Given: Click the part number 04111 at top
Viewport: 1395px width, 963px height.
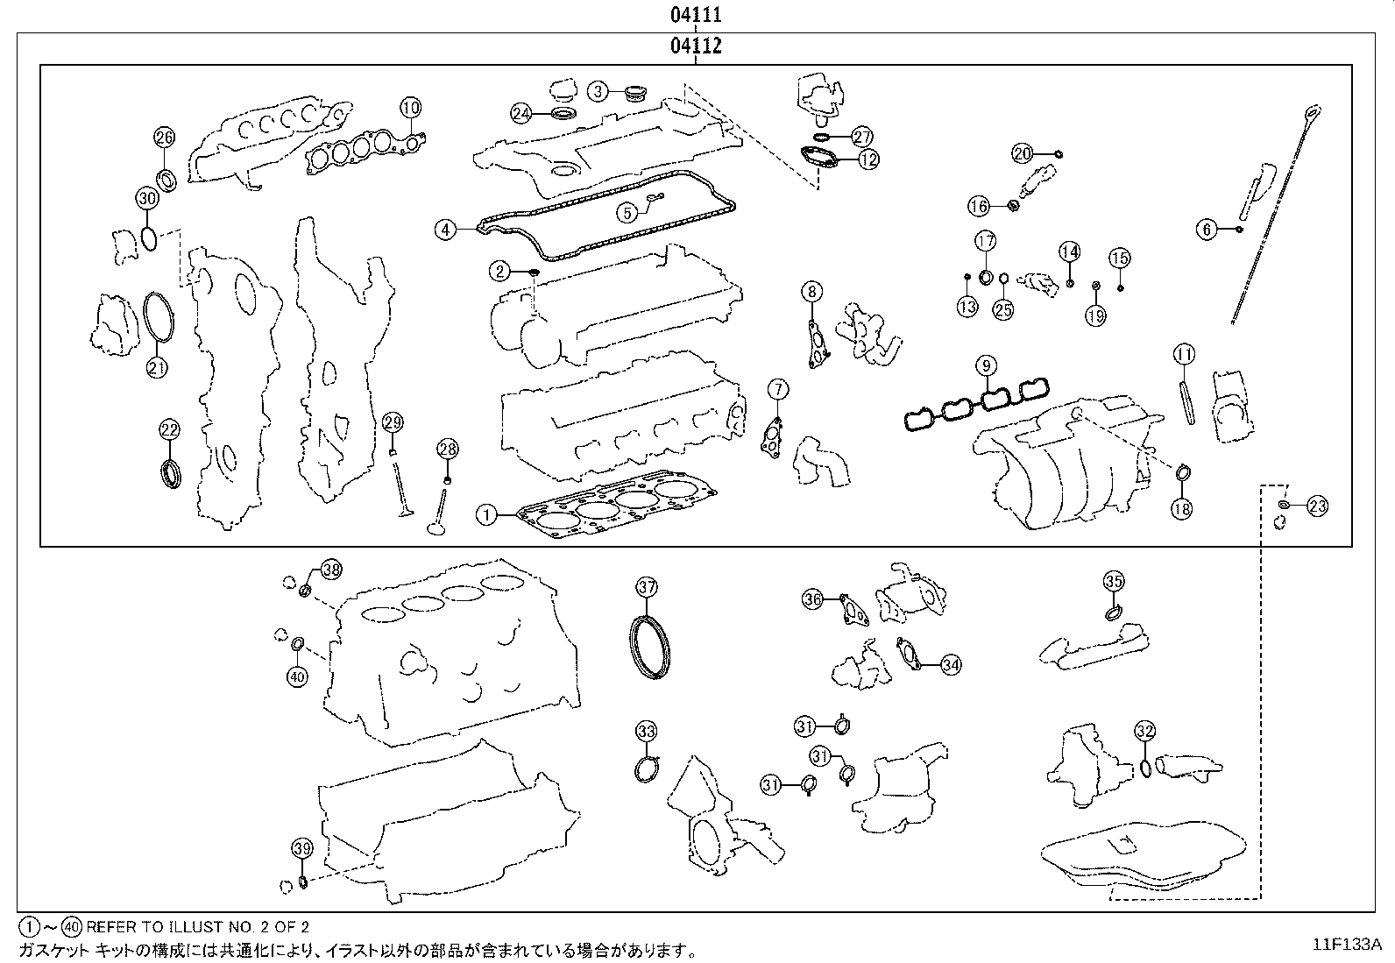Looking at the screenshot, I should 697,15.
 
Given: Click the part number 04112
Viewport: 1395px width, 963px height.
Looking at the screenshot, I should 697,46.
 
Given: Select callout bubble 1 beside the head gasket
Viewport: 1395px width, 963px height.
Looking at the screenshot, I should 486,515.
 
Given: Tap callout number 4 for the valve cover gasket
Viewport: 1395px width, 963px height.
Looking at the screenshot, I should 446,230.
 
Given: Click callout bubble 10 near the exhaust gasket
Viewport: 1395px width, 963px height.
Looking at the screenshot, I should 411,108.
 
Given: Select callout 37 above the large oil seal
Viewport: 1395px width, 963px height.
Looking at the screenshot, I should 646,587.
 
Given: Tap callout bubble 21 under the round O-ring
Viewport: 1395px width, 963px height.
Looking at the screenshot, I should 157,367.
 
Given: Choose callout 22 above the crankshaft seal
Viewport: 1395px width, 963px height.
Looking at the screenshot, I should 169,429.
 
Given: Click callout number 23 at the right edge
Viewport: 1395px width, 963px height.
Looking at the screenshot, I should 1317,506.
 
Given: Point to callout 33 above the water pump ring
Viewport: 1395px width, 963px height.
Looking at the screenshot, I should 646,731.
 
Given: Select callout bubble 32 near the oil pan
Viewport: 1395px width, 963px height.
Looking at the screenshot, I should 1144,731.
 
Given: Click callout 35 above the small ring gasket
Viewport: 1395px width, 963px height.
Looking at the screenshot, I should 1113,581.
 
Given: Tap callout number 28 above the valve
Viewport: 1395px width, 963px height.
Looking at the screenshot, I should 447,450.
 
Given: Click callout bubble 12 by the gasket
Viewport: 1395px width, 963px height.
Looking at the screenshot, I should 868,159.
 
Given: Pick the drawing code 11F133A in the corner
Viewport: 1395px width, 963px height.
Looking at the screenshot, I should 1346,944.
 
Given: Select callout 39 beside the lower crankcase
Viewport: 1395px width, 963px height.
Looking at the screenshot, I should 301,848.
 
